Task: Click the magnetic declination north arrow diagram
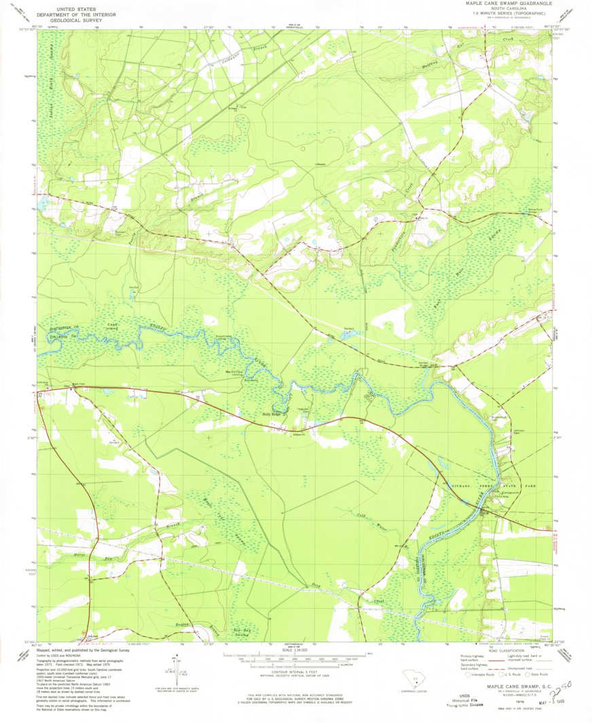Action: (x=177, y=670)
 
